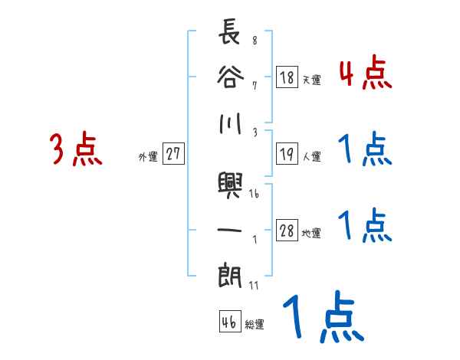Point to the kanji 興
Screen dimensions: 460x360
click(230, 185)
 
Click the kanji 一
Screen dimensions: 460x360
click(230, 229)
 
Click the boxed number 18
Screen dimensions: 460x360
click(287, 77)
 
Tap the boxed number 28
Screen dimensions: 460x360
click(287, 231)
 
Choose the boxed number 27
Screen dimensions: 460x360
click(173, 155)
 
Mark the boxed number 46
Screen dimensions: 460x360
click(228, 322)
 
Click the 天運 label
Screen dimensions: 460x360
click(311, 80)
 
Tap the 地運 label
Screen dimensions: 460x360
click(311, 234)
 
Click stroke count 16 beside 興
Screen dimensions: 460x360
click(254, 194)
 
